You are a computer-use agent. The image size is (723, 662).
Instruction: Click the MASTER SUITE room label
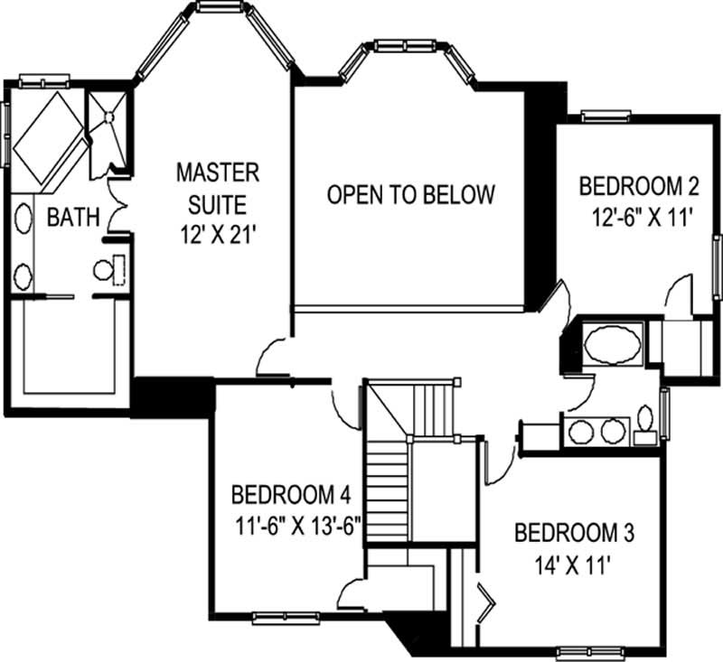point(217,183)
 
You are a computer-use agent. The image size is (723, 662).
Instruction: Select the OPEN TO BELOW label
point(411,194)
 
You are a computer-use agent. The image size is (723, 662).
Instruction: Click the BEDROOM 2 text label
point(639,187)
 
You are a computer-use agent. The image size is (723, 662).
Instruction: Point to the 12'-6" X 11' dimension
point(635,218)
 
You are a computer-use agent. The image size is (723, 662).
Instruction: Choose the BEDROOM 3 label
point(574,532)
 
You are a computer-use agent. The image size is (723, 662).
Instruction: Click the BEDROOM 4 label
point(291,495)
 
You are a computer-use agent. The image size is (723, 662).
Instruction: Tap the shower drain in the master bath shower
point(109,116)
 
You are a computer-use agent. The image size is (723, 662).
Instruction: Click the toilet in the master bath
point(106,268)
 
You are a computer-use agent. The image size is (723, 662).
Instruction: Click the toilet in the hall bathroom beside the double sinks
point(645,424)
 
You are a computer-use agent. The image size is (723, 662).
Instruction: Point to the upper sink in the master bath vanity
point(23,219)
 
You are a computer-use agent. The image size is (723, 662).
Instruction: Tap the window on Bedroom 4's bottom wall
point(280,618)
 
